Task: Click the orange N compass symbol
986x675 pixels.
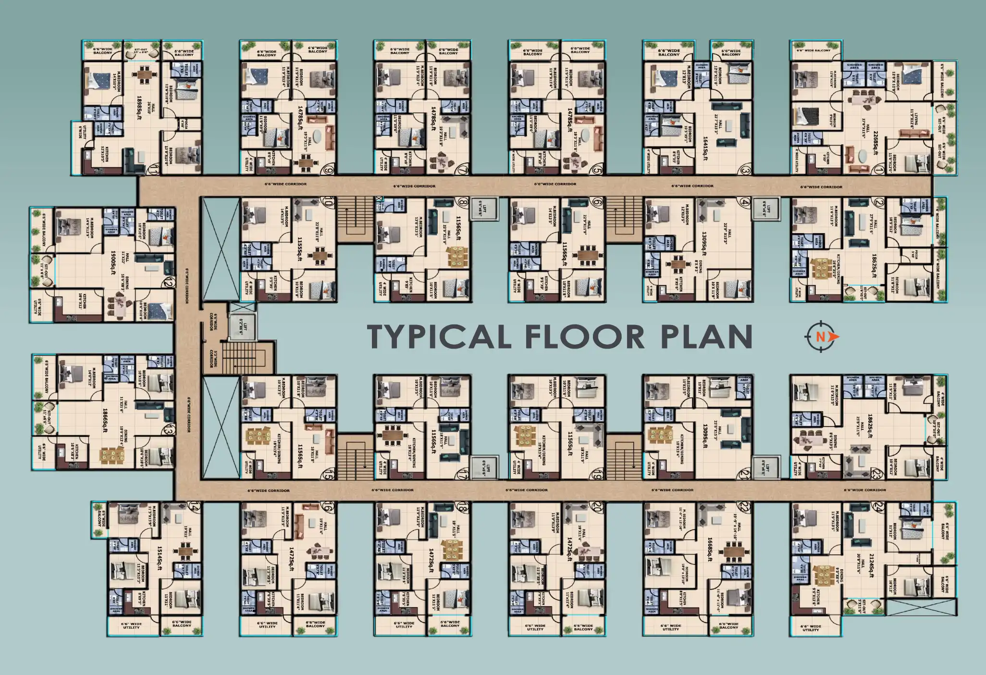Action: coord(821,337)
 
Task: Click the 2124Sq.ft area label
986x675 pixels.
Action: coord(871,565)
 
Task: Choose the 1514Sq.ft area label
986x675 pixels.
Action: coord(159,558)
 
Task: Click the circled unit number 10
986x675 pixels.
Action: coord(328,203)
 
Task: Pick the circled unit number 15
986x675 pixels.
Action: coord(329,475)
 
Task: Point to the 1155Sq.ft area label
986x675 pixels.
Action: coord(299,249)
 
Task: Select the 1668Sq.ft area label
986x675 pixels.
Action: coord(709,549)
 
